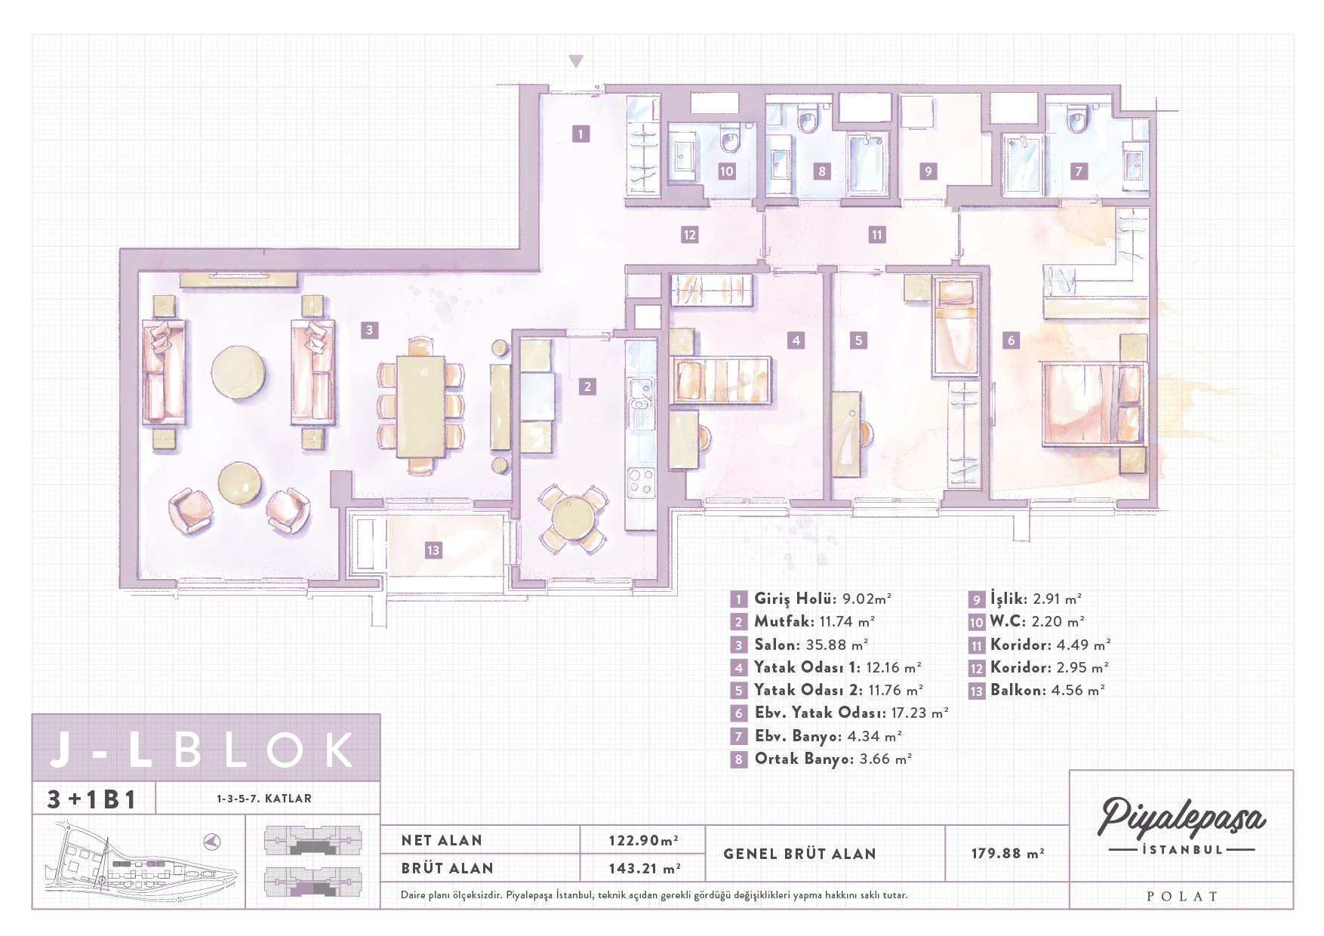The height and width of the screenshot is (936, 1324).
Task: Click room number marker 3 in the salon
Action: pyautogui.click(x=369, y=330)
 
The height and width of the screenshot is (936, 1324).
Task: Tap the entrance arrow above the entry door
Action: pyautogui.click(x=576, y=61)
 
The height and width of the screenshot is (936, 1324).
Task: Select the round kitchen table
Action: pyautogui.click(x=573, y=517)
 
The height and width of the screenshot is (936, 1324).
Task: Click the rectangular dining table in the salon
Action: pyautogui.click(x=421, y=406)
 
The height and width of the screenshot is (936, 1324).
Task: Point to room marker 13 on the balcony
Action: pyautogui.click(x=433, y=550)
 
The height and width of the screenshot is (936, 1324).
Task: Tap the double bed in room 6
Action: pyautogui.click(x=1093, y=403)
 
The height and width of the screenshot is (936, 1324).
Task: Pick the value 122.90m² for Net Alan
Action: pyautogui.click(x=643, y=840)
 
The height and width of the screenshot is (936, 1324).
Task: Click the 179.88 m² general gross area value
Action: pyautogui.click(x=1008, y=853)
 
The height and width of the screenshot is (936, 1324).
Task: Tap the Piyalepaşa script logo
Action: pyautogui.click(x=1181, y=817)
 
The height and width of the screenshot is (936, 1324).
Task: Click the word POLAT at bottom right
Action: pyautogui.click(x=1181, y=897)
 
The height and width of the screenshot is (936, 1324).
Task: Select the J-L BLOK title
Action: pyautogui.click(x=202, y=749)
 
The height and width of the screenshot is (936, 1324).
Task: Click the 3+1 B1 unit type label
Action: pyautogui.click(x=91, y=799)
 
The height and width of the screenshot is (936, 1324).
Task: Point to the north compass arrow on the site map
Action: pyautogui.click(x=212, y=841)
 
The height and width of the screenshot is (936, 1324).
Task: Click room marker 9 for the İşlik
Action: pyautogui.click(x=928, y=171)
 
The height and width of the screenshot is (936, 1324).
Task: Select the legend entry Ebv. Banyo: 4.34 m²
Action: pyautogui.click(x=828, y=736)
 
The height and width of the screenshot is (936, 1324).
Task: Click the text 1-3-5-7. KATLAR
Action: pyautogui.click(x=264, y=799)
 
